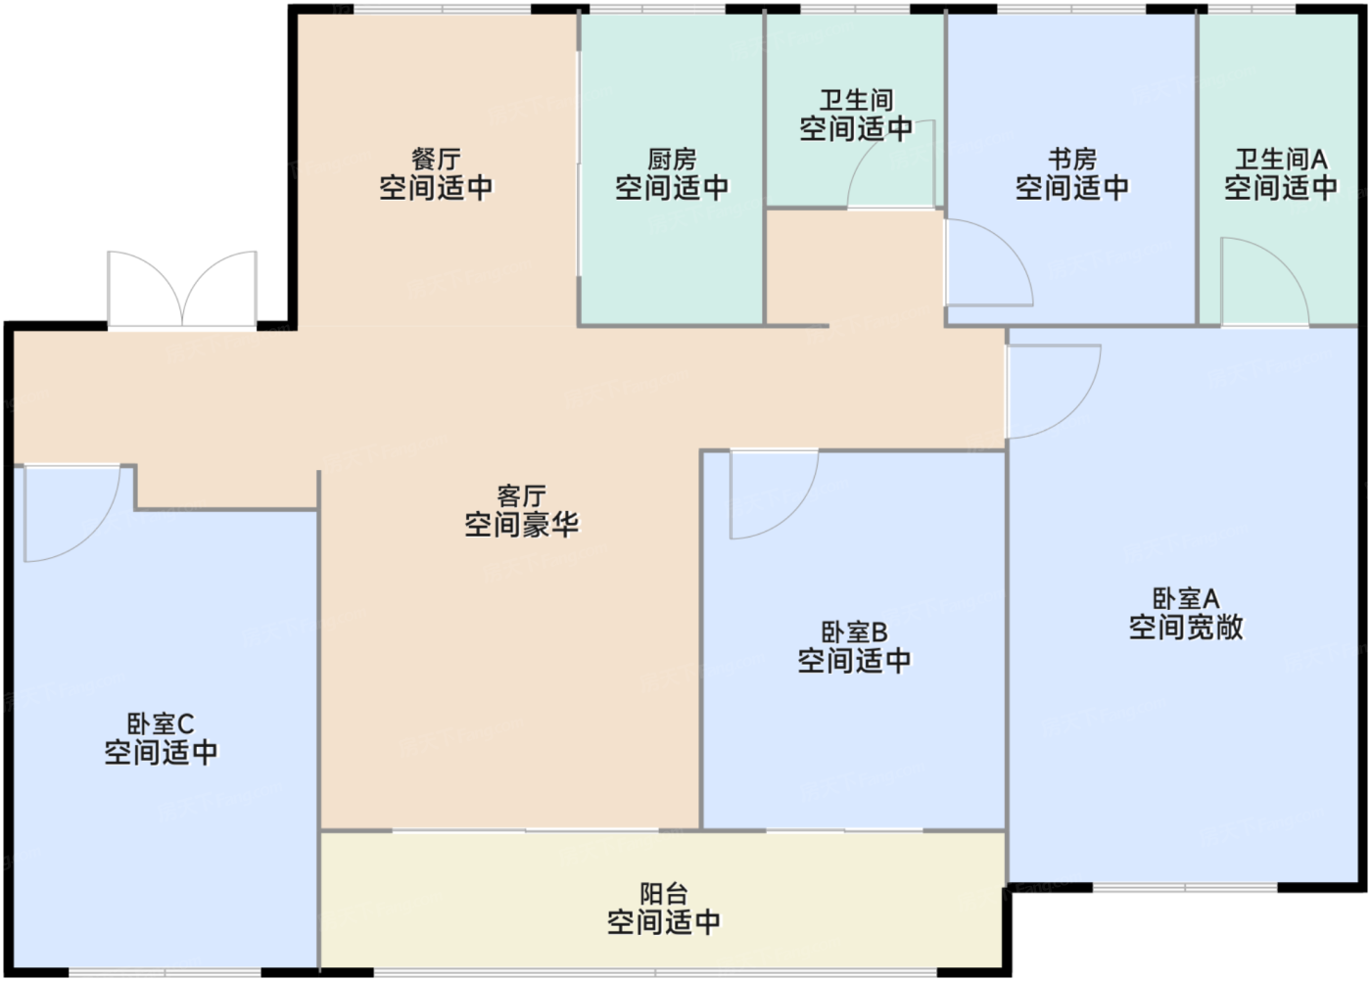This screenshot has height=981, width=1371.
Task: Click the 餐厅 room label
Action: pos(436,159)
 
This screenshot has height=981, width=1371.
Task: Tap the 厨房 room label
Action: pos(672,159)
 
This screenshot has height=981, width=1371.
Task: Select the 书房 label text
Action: pos(1072,159)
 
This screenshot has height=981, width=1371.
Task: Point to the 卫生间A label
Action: pos(1281,159)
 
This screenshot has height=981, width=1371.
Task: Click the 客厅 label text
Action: pos(521,496)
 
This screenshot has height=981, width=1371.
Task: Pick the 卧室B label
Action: pos(854,632)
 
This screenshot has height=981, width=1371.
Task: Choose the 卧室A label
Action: pos(1186,598)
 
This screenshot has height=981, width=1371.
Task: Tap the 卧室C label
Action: pos(161,724)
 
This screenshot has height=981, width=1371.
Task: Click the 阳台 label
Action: pos(664,894)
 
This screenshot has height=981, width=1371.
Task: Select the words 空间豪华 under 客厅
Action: pos(521,526)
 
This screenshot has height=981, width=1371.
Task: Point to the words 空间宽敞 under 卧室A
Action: pos(1186,628)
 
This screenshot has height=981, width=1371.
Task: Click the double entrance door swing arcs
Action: pos(182,288)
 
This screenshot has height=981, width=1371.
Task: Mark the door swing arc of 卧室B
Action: pos(774,494)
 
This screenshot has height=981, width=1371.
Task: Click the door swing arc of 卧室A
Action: pos(1053,392)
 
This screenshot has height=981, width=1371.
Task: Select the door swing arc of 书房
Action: pos(987,262)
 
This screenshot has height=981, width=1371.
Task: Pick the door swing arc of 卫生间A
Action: pos(1264,280)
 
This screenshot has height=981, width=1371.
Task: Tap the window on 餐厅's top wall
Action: pos(443,10)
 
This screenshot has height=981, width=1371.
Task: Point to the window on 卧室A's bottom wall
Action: pos(1185,888)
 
